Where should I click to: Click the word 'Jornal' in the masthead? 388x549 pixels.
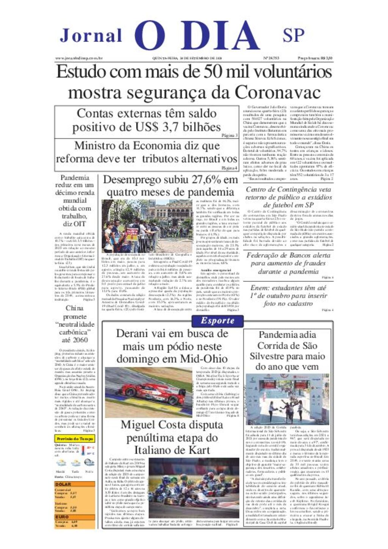click(x=91, y=36)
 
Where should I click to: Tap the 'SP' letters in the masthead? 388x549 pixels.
click(x=293, y=35)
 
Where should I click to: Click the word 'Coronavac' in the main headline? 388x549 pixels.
click(x=277, y=92)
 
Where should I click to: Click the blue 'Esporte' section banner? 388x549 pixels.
click(x=217, y=321)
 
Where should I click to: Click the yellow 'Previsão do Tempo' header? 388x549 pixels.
click(x=75, y=438)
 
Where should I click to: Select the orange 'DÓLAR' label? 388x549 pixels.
click(x=63, y=484)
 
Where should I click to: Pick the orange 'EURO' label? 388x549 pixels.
click(x=62, y=516)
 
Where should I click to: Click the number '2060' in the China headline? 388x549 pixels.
click(x=80, y=340)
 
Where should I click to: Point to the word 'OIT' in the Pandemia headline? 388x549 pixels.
click(x=80, y=224)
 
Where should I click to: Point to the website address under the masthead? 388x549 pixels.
click(x=79, y=58)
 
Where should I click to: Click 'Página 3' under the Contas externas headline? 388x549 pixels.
click(x=230, y=135)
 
